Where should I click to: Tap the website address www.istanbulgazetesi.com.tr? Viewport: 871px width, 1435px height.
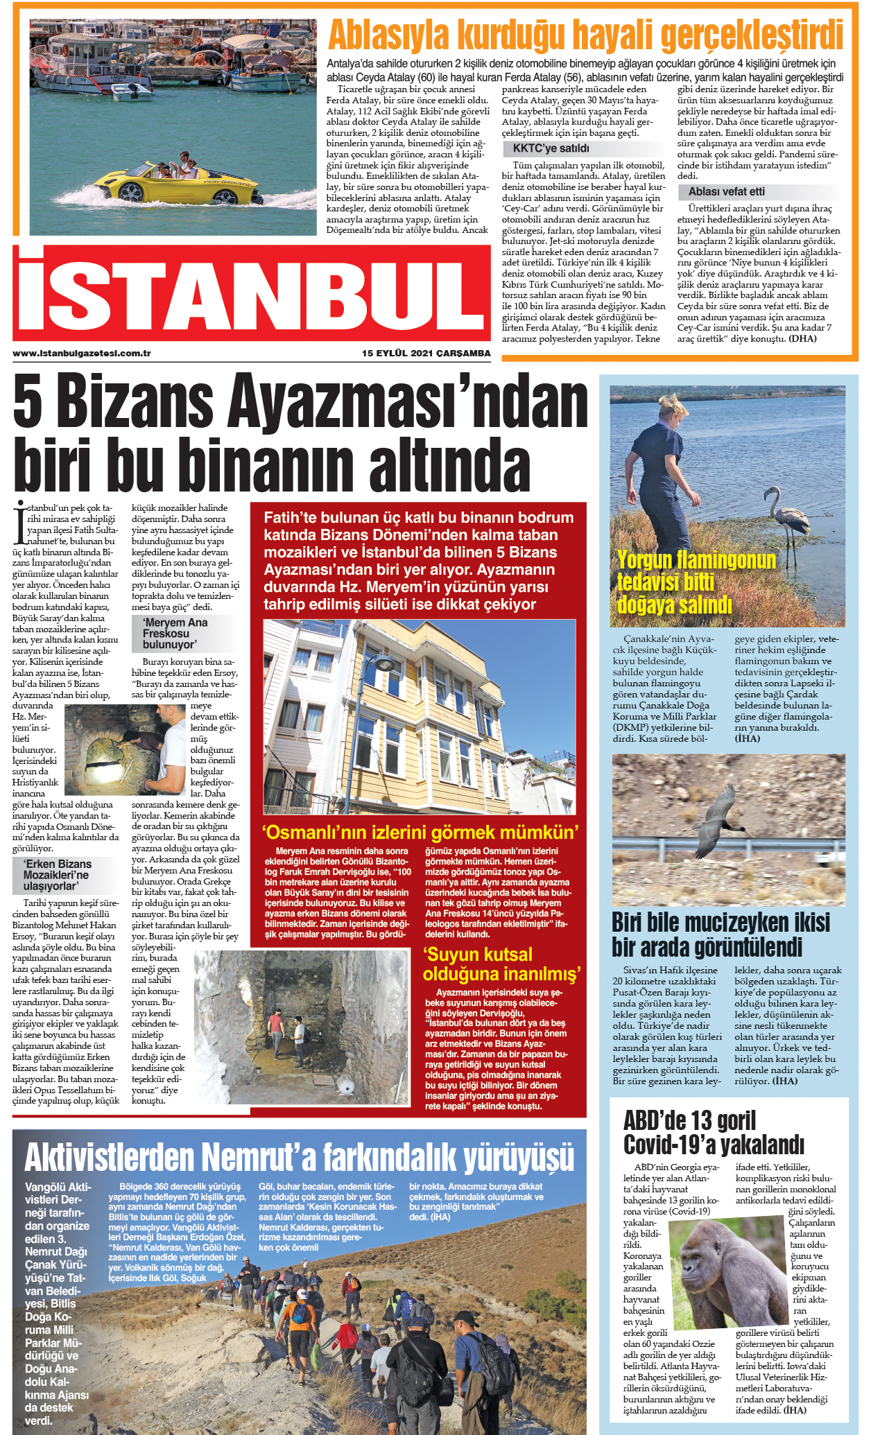tap(82, 354)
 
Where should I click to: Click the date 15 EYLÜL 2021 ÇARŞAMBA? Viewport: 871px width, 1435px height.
tap(426, 354)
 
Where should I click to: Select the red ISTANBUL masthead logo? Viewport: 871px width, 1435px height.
tap(251, 293)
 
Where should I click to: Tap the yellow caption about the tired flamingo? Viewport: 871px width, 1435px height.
tap(696, 582)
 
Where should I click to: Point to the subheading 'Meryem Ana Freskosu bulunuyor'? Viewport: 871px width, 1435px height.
tap(175, 633)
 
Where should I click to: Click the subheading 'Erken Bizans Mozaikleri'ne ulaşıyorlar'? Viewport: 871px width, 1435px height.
tap(57, 874)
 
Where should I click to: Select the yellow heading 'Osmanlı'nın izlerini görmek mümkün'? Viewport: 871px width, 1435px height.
tap(420, 832)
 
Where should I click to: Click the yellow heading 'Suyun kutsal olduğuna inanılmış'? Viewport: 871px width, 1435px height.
tap(501, 964)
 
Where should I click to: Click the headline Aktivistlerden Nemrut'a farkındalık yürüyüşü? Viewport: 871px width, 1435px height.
tap(299, 1156)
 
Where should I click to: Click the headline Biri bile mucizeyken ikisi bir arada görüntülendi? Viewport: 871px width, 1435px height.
tap(721, 934)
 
